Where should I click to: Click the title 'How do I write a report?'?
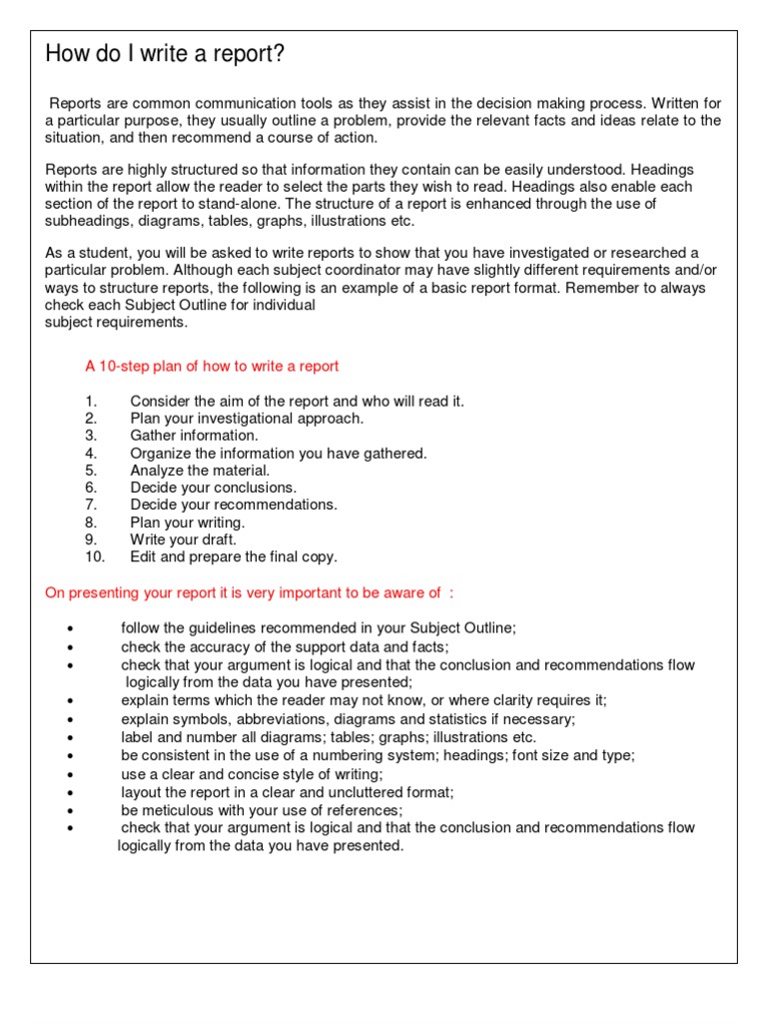pos(165,55)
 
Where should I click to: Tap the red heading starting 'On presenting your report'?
pos(249,592)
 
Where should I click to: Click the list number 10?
pos(95,556)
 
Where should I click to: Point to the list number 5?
pos(91,470)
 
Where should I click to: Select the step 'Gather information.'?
pos(194,436)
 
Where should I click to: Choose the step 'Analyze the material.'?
pos(200,470)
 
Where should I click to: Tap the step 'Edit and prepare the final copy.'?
pos(234,556)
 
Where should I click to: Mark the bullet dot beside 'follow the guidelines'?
pos(69,629)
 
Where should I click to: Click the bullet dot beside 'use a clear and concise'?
pos(69,775)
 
